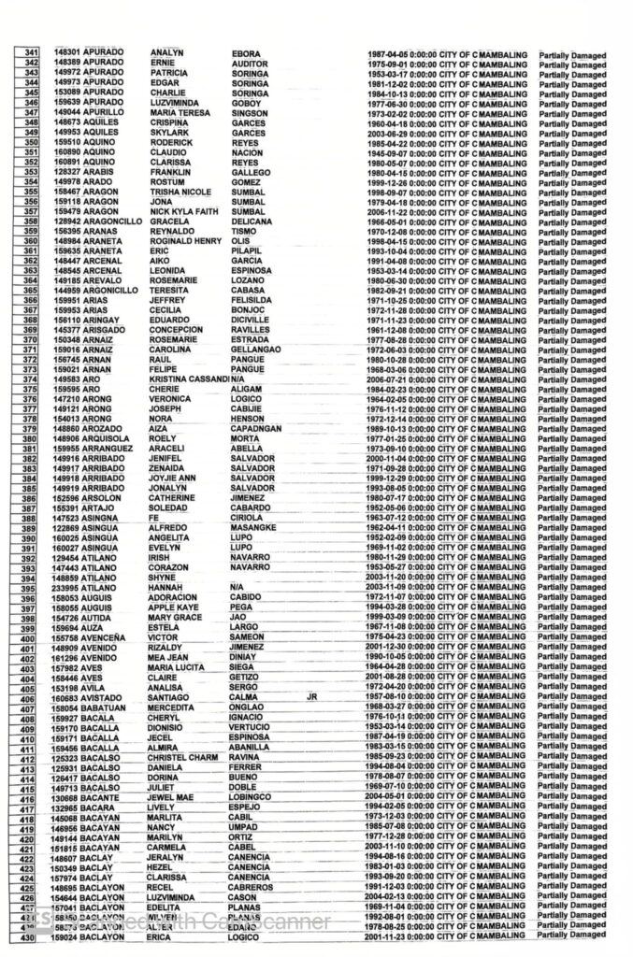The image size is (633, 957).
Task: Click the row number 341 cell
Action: click(31, 54)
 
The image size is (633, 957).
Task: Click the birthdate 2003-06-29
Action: click(391, 133)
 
